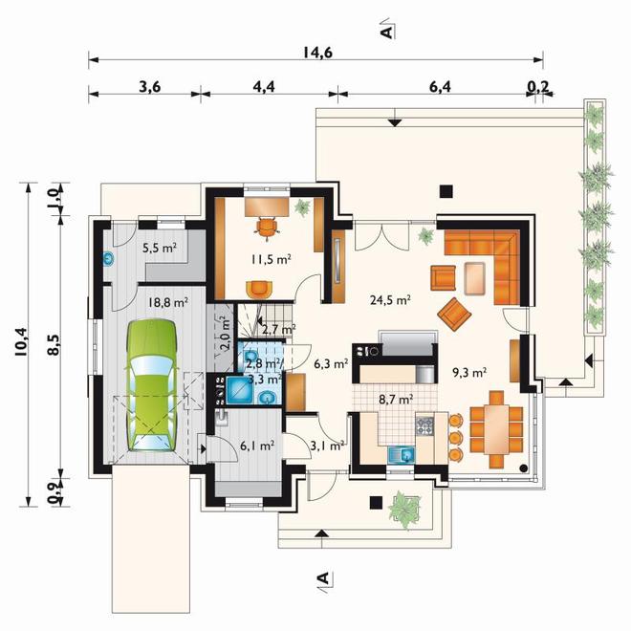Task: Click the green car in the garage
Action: pos(152,385)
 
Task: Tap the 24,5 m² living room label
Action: pos(390,300)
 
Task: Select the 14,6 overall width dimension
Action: pos(317,53)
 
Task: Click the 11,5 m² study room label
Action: pos(271,259)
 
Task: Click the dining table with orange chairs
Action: pos(496,429)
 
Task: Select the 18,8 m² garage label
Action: pos(168,302)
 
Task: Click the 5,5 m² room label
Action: pos(160,249)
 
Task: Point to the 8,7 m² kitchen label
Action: pos(396,400)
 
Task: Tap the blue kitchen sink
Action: pos(402,455)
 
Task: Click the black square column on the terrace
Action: pos(446,191)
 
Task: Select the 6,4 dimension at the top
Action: pos(440,86)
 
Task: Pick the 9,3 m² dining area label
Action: pos(470,373)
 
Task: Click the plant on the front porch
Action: pos(403,508)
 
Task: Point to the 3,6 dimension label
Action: pos(150,86)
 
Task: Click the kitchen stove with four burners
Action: pos(424,426)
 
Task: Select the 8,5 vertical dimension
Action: pos(54,345)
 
